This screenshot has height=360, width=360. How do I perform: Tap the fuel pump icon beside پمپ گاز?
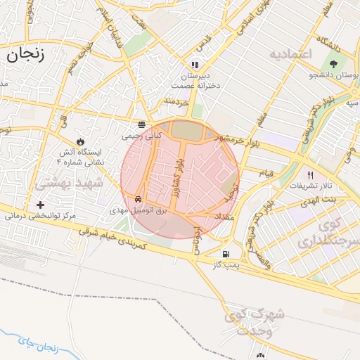point(225,254)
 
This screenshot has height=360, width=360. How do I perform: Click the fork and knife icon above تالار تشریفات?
point(309,175)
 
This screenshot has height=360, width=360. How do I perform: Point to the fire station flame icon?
point(88,140)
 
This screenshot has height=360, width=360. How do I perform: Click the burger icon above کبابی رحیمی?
point(142,124)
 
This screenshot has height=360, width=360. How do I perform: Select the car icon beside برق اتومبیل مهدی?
point(141,200)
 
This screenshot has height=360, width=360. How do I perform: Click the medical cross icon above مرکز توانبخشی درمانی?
point(39,205)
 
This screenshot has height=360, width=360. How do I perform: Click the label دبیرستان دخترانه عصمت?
point(195,79)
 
